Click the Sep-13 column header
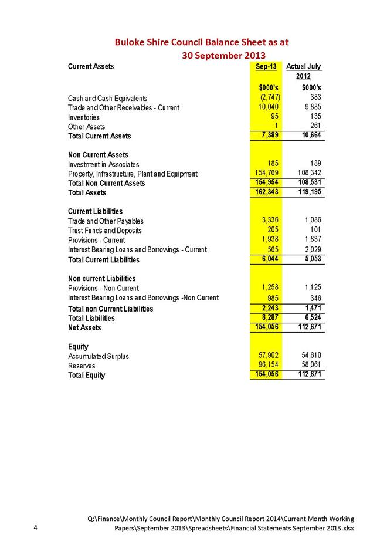[266, 67]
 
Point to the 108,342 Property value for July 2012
[307, 174]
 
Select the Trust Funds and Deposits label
[105, 231]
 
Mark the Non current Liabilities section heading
[102, 278]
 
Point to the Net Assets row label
[84, 327]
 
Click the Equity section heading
[79, 346]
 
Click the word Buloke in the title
[130, 42]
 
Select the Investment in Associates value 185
[271, 164]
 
